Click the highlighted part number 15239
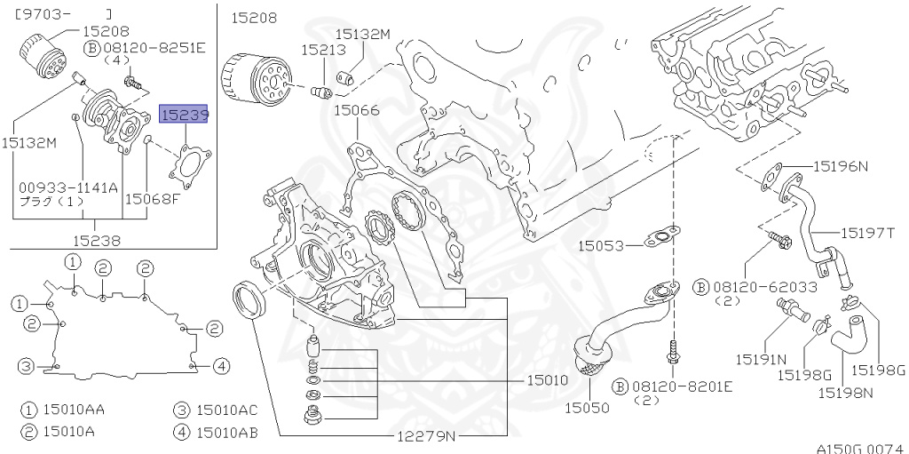(183, 115)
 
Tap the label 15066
(356, 111)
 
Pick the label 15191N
(761, 359)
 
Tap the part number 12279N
(426, 436)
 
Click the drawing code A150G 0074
(858, 448)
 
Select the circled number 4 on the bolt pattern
(221, 365)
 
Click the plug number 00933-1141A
(68, 187)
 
